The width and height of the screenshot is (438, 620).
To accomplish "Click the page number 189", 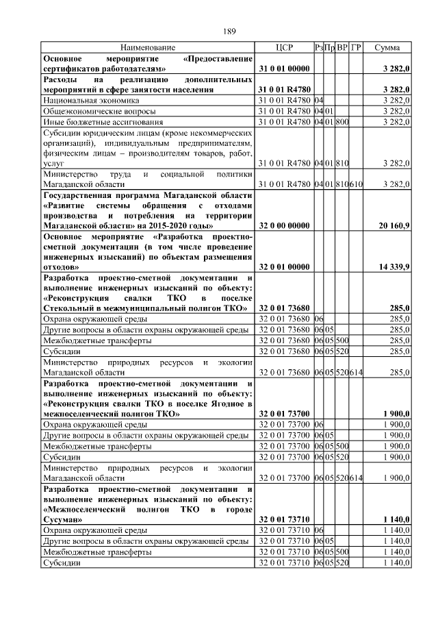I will click(x=230, y=31).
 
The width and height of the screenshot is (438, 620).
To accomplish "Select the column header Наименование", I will click(x=148, y=48).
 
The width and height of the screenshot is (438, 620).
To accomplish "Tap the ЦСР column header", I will click(x=283, y=48).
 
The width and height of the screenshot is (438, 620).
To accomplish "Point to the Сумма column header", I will click(x=387, y=48).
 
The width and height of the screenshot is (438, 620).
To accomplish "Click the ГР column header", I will click(x=357, y=48).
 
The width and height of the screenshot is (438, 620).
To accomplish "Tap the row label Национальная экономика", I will click(x=88, y=100).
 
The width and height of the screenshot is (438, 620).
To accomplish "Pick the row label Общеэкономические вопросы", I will click(x=100, y=111).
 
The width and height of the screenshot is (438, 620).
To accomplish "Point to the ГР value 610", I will click(x=357, y=184).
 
